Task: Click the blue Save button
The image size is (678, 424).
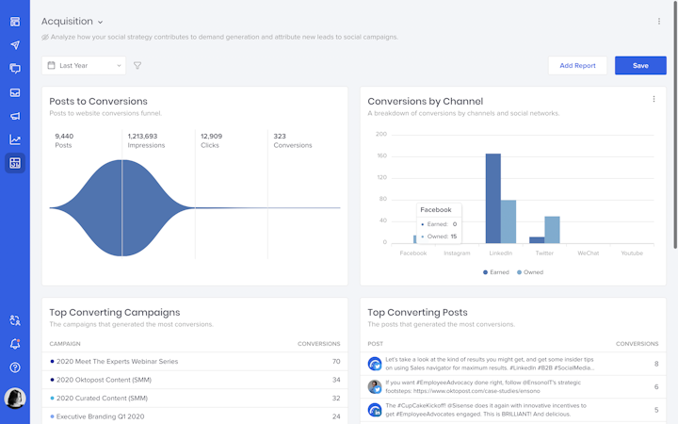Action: pos(640,65)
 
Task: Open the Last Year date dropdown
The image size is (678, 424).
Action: pos(84,66)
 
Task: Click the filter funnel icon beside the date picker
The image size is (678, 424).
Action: pos(137,66)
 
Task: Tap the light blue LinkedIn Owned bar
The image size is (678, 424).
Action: pos(508,221)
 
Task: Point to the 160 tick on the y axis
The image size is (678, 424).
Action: pos(381,155)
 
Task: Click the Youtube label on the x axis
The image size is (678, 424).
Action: pos(632,253)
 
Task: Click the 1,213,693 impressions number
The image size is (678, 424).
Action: pos(142,136)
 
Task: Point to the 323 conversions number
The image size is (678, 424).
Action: pos(281,136)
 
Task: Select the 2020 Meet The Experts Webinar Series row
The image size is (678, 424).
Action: pos(118,361)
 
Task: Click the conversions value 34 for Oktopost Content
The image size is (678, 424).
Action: pos(336,380)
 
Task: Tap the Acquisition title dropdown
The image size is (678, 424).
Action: pos(73,22)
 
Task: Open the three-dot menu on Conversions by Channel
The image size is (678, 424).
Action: pos(654,99)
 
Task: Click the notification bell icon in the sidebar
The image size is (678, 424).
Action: pos(15,344)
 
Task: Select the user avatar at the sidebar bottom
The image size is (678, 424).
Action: pos(15,399)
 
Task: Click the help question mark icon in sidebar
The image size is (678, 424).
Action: pos(15,367)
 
